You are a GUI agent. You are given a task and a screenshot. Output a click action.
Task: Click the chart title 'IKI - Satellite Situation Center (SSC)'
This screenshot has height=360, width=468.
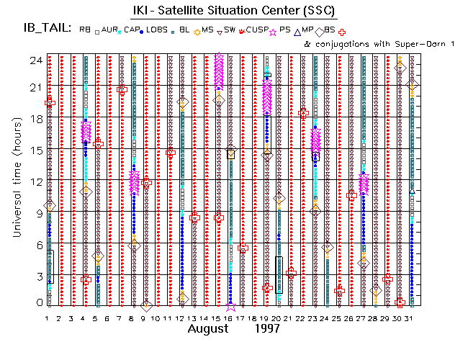tap(234, 10)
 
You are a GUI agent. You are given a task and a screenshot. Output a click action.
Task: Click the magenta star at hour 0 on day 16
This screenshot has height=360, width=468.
tap(230, 306)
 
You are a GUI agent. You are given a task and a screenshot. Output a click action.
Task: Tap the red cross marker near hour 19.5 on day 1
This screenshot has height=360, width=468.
tap(50, 103)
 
